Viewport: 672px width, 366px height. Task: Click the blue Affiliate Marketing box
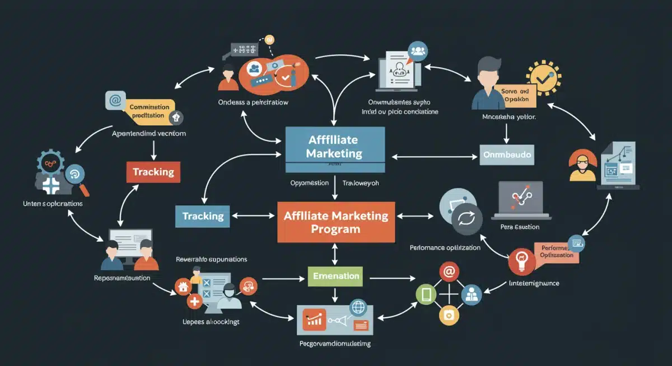335,146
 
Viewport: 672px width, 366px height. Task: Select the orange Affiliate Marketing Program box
336,222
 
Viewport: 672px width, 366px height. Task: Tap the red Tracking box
153,172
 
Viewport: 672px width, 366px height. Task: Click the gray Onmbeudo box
507,154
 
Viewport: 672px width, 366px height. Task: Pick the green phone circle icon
425,293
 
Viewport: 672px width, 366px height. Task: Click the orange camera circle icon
447,315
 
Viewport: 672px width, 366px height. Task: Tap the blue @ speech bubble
115,101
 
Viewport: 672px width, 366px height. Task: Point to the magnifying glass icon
74,175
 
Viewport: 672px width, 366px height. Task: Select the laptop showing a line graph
520,199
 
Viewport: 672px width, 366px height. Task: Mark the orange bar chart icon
314,320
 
